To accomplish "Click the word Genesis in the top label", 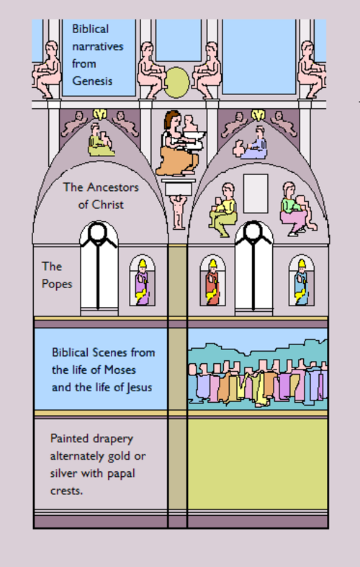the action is tap(92, 81).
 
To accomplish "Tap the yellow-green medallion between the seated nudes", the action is tap(176, 82).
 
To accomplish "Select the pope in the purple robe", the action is tap(142, 282).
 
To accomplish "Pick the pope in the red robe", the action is tap(212, 282).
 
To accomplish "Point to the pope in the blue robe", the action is tap(301, 282).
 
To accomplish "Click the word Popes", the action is tap(57, 284).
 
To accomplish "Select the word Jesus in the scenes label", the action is tap(139, 388).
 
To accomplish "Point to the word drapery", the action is tap(112, 439).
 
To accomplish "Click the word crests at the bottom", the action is tap(66, 491).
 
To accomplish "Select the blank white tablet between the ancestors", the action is tap(256, 194).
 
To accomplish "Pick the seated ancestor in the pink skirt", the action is tap(297, 209).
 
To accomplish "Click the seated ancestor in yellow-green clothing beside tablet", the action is tap(223, 210).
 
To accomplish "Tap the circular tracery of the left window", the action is tap(99, 232).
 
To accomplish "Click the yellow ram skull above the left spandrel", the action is tap(99, 115).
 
